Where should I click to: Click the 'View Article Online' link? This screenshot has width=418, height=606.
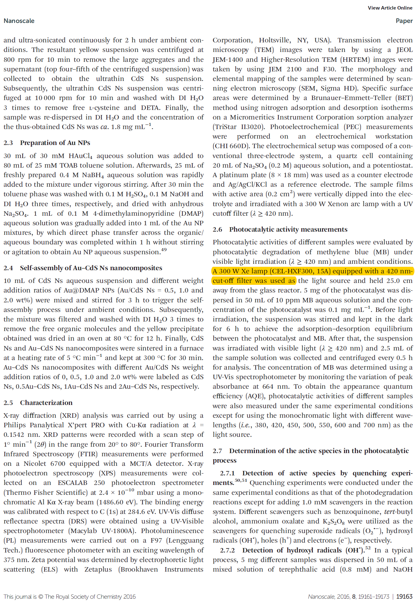(390, 8)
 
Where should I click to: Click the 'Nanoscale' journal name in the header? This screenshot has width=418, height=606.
(19, 21)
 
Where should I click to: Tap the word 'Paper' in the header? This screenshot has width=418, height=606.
(404, 21)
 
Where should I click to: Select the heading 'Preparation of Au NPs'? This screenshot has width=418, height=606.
(55, 143)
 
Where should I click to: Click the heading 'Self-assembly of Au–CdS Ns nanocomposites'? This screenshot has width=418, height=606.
(91, 268)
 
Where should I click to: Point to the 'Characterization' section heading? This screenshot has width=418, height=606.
(46, 403)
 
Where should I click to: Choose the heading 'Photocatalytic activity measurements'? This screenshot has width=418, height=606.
(288, 229)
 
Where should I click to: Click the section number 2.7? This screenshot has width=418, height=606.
(217, 451)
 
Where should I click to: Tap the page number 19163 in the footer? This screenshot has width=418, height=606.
(404, 596)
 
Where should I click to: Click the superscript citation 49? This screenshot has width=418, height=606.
(164, 250)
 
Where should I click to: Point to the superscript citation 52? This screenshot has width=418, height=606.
(368, 548)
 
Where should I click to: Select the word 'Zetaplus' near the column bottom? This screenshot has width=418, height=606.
(98, 569)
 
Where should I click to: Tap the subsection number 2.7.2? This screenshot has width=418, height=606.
(227, 550)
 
